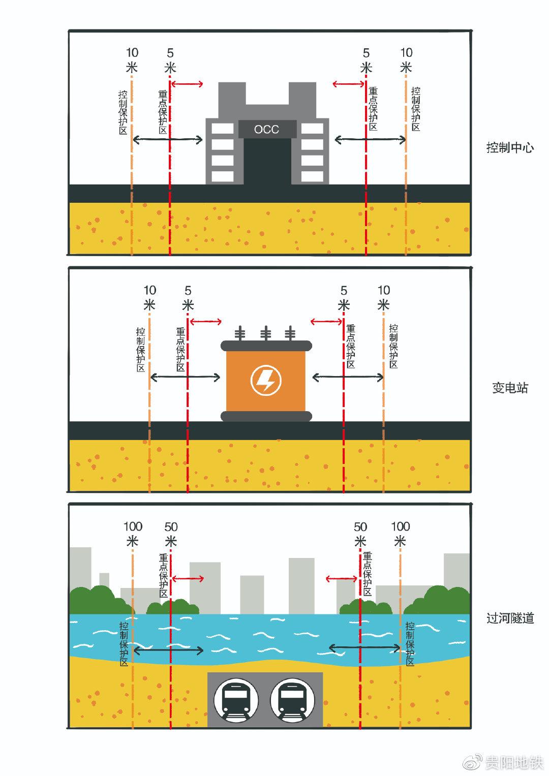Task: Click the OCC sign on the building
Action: (x=267, y=129)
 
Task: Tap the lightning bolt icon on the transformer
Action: (x=265, y=380)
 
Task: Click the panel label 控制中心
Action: (x=510, y=148)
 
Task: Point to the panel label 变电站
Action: (x=510, y=388)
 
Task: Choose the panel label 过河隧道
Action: (x=510, y=618)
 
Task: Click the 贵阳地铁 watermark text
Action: (x=514, y=763)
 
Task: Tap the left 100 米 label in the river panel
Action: (x=133, y=534)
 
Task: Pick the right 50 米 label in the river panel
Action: (x=360, y=534)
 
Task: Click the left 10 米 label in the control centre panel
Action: (x=132, y=60)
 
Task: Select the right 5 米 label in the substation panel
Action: (x=344, y=298)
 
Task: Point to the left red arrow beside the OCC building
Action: (x=187, y=84)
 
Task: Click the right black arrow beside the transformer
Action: (x=348, y=377)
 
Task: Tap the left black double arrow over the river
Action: (x=168, y=650)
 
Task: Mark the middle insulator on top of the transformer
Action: (x=265, y=334)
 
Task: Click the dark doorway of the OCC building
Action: (x=267, y=160)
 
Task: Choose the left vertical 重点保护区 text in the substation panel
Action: (x=180, y=349)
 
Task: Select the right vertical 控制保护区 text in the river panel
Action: (x=410, y=643)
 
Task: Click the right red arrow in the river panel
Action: (x=342, y=578)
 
